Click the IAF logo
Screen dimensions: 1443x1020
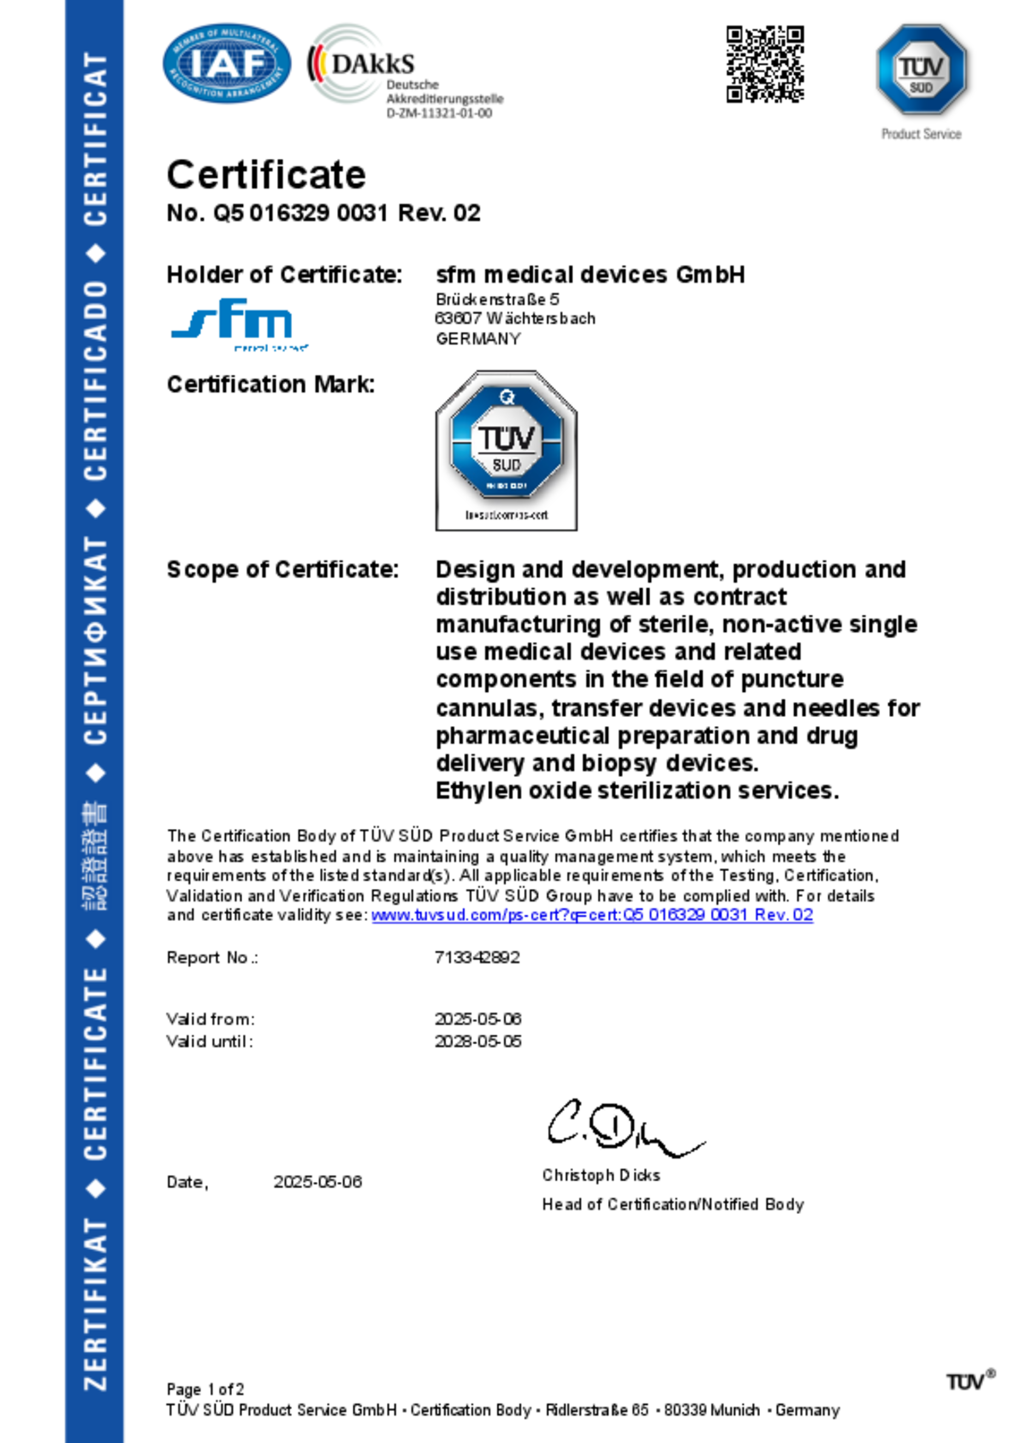(226, 64)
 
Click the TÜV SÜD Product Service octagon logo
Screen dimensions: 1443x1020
(921, 69)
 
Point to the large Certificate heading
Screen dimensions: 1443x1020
(266, 174)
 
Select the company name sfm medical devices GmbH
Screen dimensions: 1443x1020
(590, 274)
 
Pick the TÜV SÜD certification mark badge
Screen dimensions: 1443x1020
(506, 450)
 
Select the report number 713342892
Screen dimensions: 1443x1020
(477, 957)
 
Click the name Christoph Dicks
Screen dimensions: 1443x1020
(600, 1175)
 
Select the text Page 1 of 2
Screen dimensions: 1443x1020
(205, 1389)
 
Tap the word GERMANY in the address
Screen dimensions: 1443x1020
(478, 339)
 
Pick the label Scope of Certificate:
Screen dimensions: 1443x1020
(282, 570)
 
